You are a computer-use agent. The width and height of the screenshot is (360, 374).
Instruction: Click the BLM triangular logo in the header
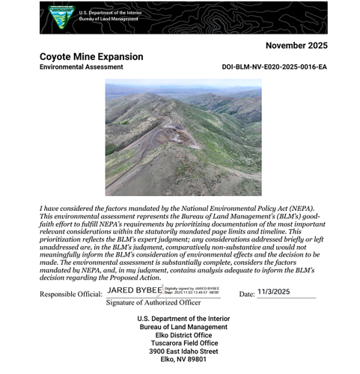[x=61, y=16]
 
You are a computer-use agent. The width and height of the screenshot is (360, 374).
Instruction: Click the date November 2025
[x=297, y=46]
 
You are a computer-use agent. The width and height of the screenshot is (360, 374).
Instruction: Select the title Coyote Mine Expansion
[x=91, y=57]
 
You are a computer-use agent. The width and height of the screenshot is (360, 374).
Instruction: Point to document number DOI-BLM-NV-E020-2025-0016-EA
[x=275, y=67]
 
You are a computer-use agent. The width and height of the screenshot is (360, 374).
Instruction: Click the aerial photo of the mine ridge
[x=183, y=138]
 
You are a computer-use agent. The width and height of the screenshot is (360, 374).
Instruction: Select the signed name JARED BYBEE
[x=135, y=289]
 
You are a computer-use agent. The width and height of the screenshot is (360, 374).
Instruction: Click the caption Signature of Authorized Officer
[x=153, y=302]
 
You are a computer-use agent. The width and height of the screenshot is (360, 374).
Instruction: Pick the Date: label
[x=247, y=294]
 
